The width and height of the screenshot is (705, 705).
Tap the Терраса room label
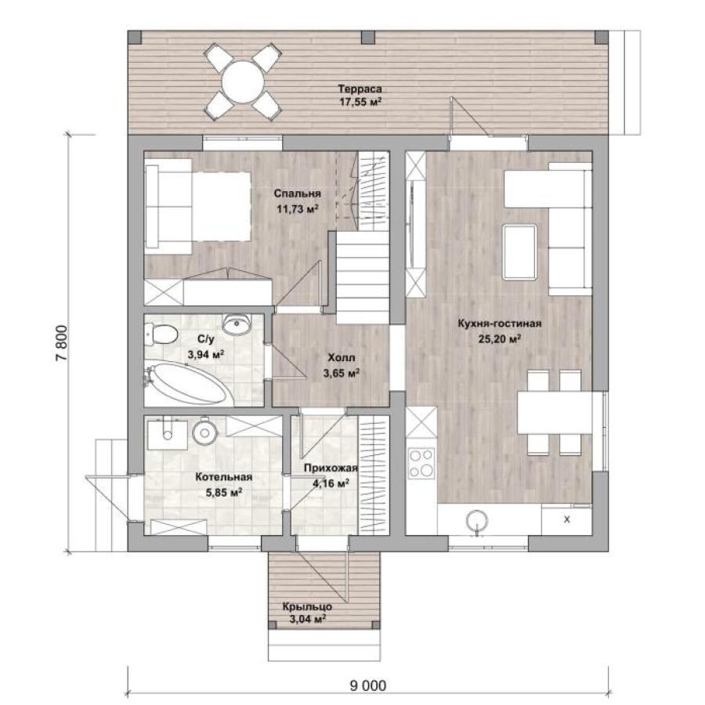coord(360,89)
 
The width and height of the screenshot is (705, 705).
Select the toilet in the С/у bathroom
coord(161,335)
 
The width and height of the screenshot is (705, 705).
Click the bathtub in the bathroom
coord(187,384)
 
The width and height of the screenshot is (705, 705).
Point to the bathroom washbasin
coord(237,324)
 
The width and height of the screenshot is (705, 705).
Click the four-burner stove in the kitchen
coord(421,464)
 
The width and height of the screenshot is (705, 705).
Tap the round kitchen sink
coord(477,522)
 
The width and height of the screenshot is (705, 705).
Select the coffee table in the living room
coord(520,252)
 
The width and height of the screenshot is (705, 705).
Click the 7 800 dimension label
coord(62,342)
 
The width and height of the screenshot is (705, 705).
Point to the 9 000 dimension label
coord(368,685)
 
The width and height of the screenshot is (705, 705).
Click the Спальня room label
coord(298,193)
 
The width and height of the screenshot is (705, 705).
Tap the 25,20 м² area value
coord(500,338)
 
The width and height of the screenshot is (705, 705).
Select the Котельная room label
coord(223,477)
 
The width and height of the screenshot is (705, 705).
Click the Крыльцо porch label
coord(308,606)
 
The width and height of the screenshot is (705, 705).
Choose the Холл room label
coord(342,358)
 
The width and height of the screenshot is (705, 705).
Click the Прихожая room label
coord(331,468)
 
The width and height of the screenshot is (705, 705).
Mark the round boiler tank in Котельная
coord(205,432)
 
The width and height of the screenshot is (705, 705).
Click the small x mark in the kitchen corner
coord(567,519)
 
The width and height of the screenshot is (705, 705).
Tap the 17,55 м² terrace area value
coord(360,102)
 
